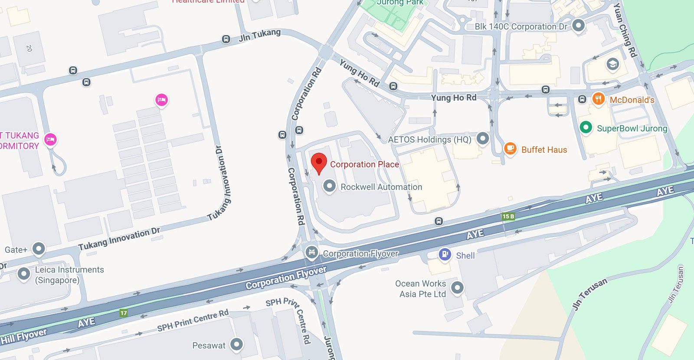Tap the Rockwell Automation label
(381, 187)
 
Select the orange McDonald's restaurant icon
(598, 98)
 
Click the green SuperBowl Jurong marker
(586, 127)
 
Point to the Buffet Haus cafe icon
(510, 148)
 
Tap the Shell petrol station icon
(445, 254)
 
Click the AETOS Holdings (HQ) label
(429, 140)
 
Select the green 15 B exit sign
(508, 216)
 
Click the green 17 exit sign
(124, 313)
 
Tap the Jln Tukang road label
(259, 35)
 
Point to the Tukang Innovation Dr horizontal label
(119, 239)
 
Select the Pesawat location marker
(236, 344)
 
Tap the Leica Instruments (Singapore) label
(69, 275)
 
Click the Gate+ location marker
(39, 249)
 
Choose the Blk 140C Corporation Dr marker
(578, 25)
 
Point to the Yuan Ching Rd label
(625, 29)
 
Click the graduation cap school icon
(612, 64)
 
